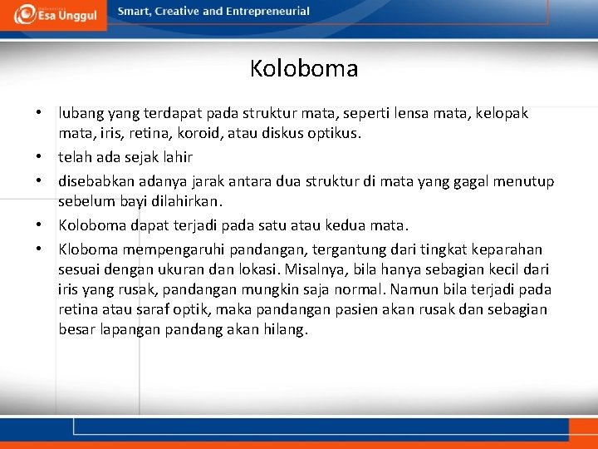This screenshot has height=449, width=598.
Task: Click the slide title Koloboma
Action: pyautogui.click(x=303, y=68)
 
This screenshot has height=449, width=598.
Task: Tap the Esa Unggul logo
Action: pyautogui.click(x=55, y=14)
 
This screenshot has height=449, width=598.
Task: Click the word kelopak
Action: pyautogui.click(x=502, y=113)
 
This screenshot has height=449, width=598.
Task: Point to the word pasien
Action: pyautogui.click(x=360, y=309)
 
